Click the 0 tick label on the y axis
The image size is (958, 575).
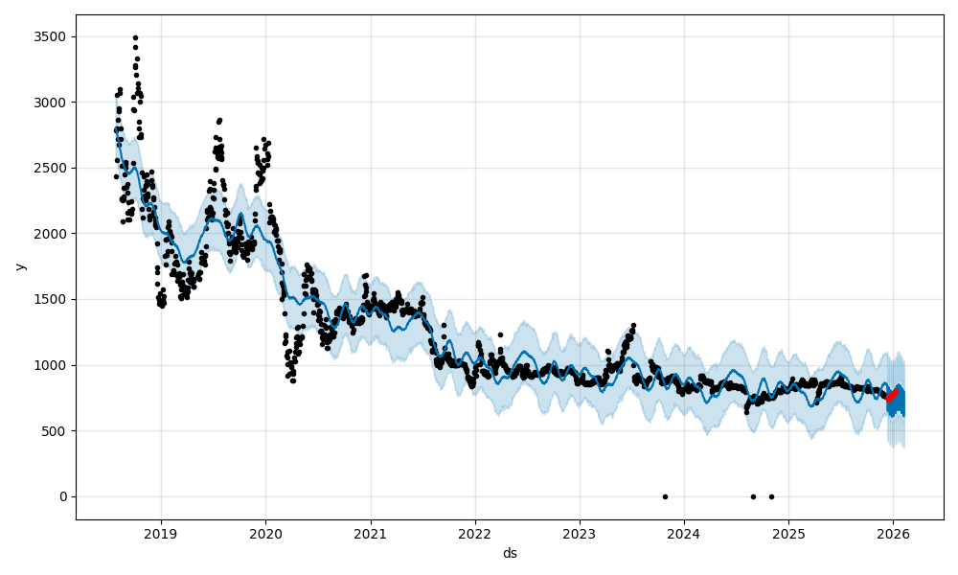(64, 496)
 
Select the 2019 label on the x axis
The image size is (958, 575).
(161, 534)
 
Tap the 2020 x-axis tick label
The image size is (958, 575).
(265, 534)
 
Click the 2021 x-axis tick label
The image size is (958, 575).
(370, 534)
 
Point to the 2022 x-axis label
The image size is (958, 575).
(474, 534)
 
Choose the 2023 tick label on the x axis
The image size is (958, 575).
(579, 534)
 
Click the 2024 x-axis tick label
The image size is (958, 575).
(683, 534)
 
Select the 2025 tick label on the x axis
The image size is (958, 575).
(788, 534)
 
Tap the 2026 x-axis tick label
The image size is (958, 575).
(893, 534)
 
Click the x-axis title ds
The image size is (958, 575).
(510, 553)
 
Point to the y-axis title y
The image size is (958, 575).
(20, 266)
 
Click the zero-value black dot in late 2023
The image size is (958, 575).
(665, 496)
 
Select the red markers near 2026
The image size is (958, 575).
(891, 395)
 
